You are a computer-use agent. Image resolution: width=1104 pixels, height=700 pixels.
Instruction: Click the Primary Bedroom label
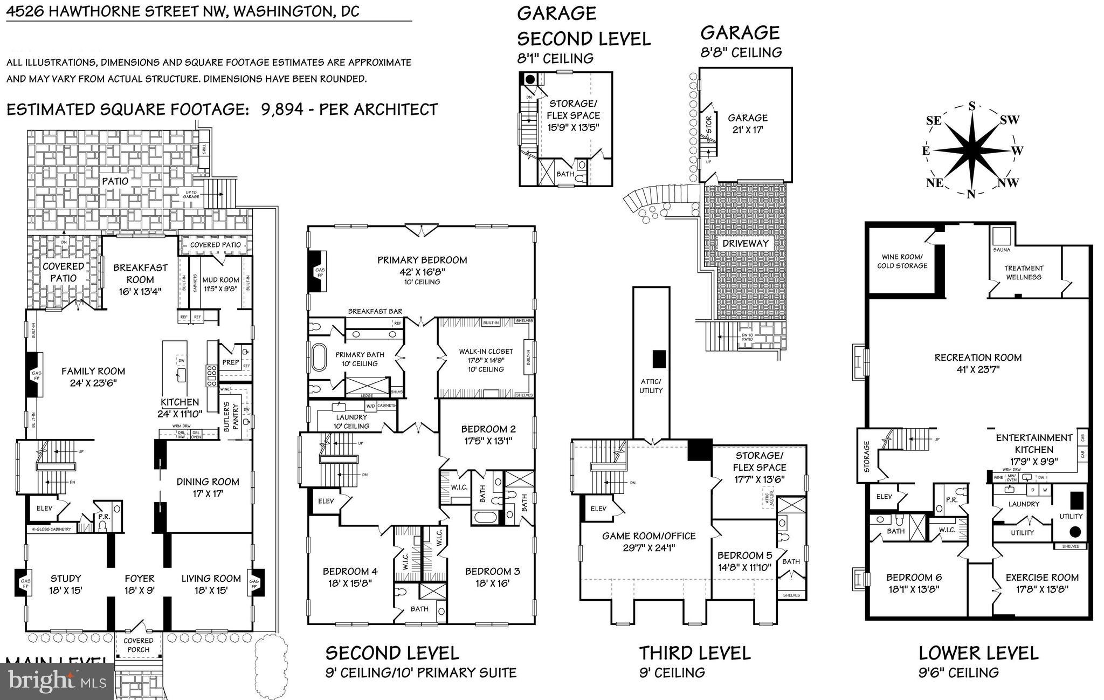[x=422, y=260]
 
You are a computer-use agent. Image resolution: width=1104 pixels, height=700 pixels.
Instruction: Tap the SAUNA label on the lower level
[x=1002, y=250]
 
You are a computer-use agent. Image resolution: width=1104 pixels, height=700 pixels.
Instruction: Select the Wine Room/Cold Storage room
[x=902, y=262]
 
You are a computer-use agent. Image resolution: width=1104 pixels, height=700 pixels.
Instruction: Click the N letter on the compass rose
[x=971, y=194]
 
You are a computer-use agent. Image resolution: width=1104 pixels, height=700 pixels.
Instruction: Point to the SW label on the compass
[x=1009, y=120]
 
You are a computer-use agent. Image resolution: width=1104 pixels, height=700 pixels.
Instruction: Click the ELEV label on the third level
[x=598, y=509]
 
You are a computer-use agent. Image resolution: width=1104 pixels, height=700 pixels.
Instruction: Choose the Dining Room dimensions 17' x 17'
[x=208, y=493]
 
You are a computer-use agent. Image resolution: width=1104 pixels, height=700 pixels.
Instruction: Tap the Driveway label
[x=746, y=243]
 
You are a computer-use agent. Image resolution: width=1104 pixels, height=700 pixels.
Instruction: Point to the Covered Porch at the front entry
[x=139, y=645]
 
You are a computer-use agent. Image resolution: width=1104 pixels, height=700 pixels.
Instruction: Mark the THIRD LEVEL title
[x=694, y=653]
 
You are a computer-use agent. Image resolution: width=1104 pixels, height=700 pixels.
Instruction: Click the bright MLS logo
[x=57, y=681]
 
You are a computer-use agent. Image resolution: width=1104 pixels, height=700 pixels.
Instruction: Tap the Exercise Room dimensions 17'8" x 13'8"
[x=1041, y=589]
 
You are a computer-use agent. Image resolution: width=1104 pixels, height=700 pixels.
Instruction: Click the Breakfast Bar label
[x=375, y=311]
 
